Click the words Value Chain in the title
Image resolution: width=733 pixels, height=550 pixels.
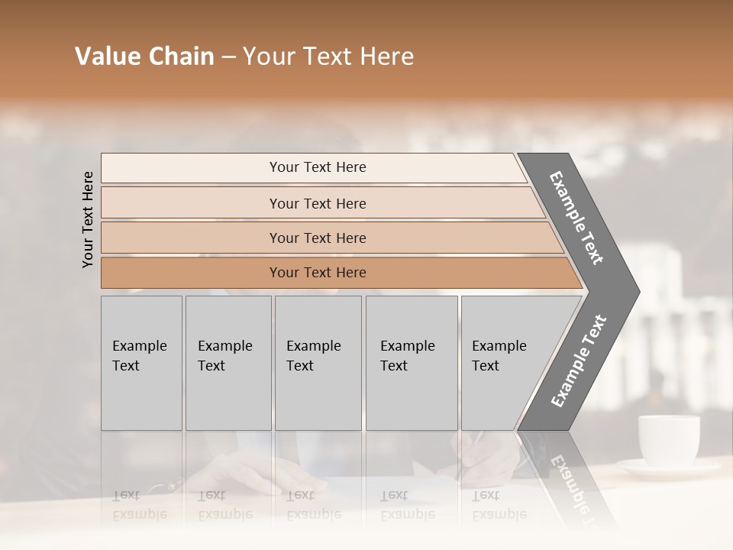coord(144,57)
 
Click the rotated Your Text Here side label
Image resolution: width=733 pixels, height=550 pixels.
coord(88,219)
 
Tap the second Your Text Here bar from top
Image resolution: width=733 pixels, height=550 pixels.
coord(317,203)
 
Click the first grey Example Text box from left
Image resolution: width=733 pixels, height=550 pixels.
coord(141,363)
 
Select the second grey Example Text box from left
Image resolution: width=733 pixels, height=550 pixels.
coord(228,363)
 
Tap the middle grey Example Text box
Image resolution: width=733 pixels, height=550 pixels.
coord(318,363)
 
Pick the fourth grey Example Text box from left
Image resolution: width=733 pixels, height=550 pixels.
coord(412,363)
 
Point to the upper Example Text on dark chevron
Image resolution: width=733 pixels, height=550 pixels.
coord(576,218)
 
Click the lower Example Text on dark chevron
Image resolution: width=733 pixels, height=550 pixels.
coord(578,361)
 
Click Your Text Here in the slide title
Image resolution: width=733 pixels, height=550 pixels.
coord(328,57)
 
